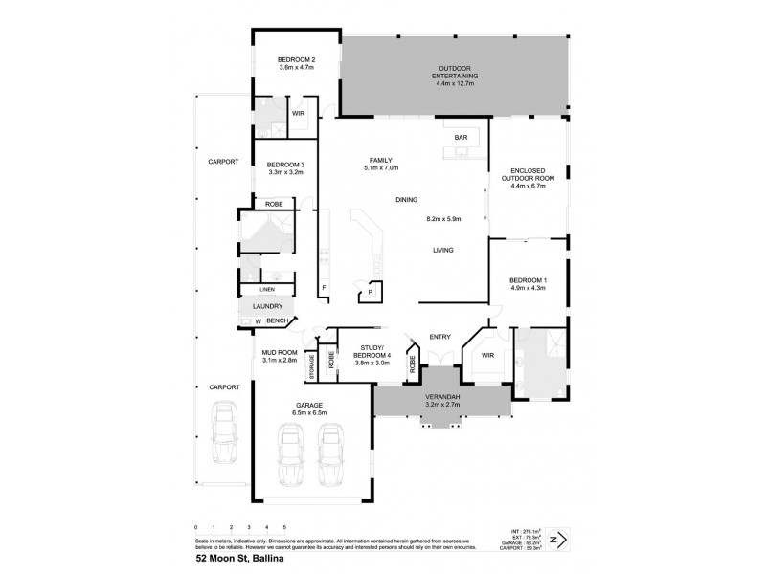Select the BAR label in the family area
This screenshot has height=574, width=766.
click(461, 139)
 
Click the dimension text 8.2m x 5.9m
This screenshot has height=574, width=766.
click(444, 219)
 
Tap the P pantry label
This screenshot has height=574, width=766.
click(369, 293)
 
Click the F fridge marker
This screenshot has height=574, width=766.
click(324, 286)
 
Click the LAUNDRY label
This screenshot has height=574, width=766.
click(267, 306)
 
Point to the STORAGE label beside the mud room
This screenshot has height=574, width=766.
click(311, 364)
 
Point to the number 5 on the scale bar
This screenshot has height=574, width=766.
click(284, 527)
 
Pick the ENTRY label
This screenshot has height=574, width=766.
click(440, 336)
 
